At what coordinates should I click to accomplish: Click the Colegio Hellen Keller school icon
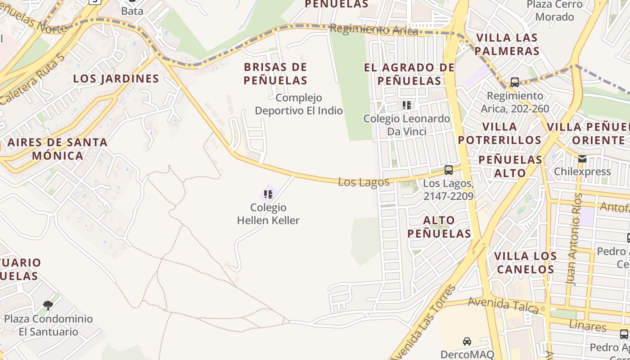click(x=268, y=194)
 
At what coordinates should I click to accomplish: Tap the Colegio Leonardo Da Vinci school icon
click(x=407, y=105)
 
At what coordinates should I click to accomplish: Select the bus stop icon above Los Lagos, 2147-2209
click(x=448, y=170)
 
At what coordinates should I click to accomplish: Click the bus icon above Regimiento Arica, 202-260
click(x=514, y=82)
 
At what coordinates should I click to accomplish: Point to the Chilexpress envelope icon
click(x=582, y=158)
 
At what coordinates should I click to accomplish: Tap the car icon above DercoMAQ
click(x=467, y=342)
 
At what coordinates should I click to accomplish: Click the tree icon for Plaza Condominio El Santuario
click(x=48, y=306)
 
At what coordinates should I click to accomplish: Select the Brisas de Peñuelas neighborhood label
click(x=275, y=74)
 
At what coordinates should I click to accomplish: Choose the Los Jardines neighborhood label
click(x=116, y=79)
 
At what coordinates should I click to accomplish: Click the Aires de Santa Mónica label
click(x=58, y=149)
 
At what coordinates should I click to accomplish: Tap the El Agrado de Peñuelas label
click(x=409, y=74)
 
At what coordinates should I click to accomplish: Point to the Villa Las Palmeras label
click(x=507, y=44)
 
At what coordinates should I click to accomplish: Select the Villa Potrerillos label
click(x=499, y=133)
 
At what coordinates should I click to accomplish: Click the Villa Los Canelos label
click(x=525, y=263)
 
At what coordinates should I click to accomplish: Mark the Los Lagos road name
click(x=364, y=182)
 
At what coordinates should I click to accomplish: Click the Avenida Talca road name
click(x=503, y=305)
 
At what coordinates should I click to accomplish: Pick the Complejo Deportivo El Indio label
click(x=299, y=104)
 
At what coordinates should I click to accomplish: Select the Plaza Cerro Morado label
click(x=557, y=11)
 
